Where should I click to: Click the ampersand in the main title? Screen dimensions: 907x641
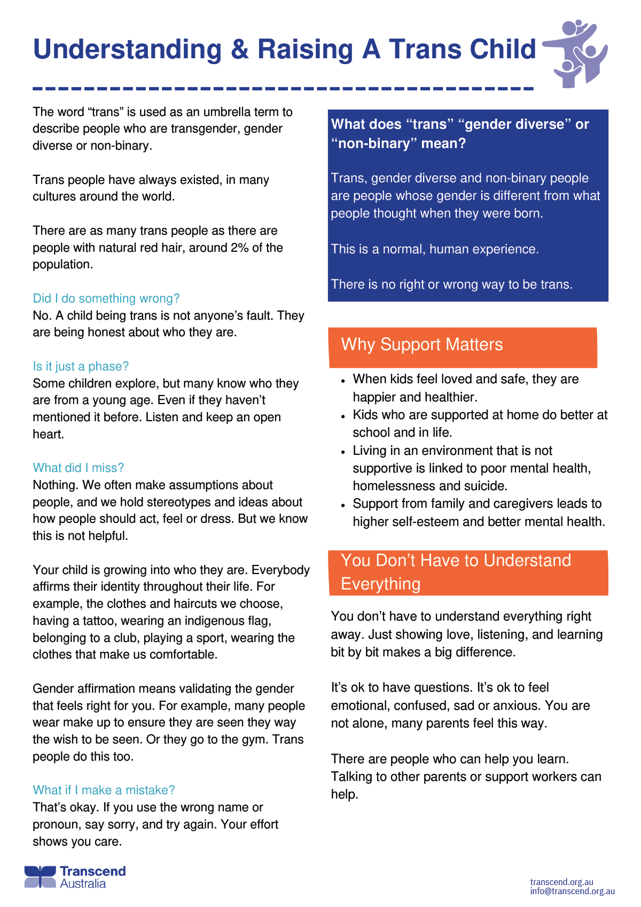tap(240, 50)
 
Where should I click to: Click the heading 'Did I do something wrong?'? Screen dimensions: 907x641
tap(106, 298)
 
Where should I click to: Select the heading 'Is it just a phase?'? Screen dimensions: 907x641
tap(81, 366)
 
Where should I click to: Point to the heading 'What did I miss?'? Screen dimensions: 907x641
tap(79, 468)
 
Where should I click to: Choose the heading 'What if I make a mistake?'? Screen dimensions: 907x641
tap(104, 790)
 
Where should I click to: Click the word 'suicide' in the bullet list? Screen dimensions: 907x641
tap(482, 486)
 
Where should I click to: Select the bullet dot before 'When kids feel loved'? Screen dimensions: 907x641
tap(343, 381)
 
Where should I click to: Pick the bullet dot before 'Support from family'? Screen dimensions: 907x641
tap(343, 506)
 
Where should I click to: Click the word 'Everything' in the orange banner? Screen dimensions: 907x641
tap(380, 584)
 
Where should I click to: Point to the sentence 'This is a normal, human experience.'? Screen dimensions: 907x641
tap(435, 249)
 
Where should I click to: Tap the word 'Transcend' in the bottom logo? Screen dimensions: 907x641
tap(92, 871)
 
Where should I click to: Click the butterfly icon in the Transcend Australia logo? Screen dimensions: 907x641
tap(40, 877)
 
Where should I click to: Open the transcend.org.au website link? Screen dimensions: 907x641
tap(561, 882)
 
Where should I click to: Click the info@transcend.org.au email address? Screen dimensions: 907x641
tap(572, 891)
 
